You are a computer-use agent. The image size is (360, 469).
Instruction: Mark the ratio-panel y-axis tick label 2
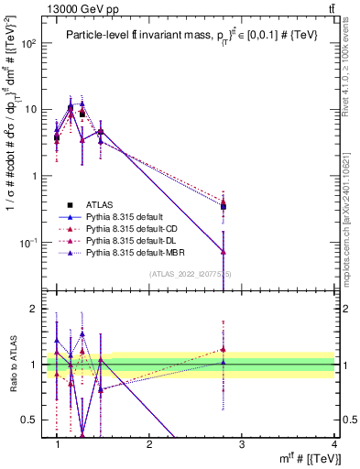(37, 309)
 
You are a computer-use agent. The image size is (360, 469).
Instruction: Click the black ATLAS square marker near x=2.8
(224, 206)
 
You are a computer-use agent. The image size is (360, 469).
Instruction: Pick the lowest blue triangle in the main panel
(224, 251)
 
